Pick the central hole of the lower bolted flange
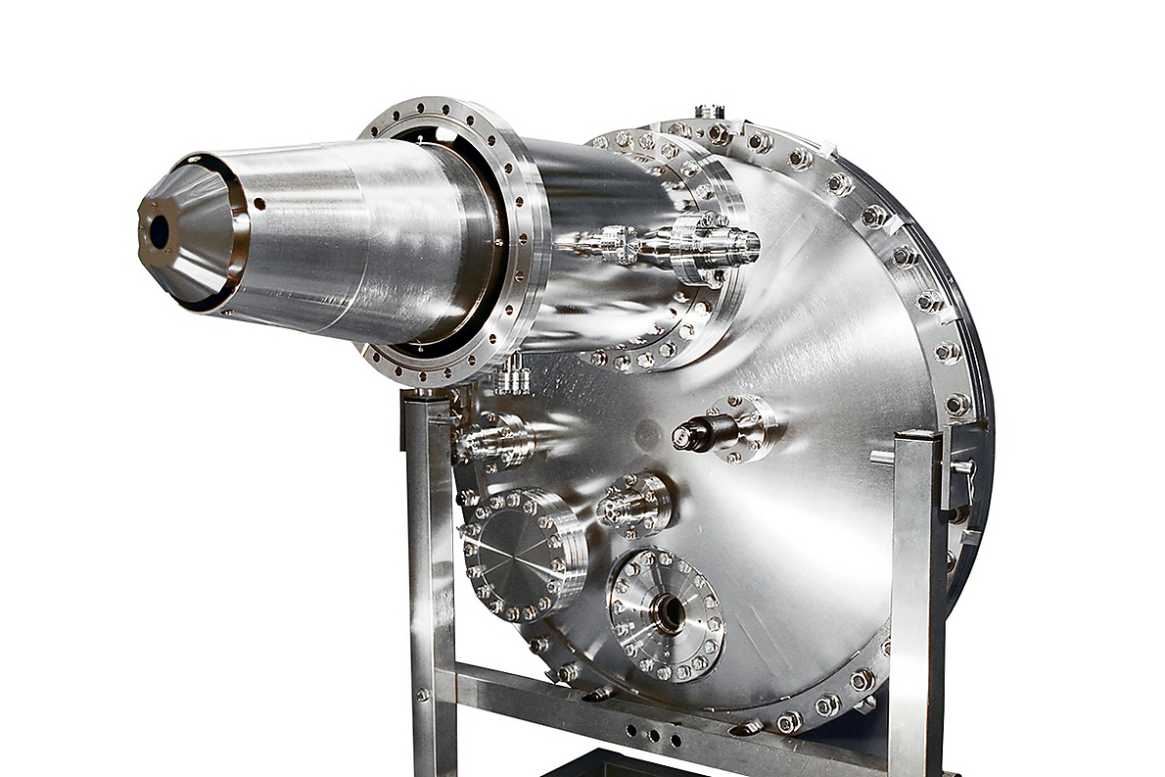click(x=671, y=613)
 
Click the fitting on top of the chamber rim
click(x=710, y=112)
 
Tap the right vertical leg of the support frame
click(x=916, y=588)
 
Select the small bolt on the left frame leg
click(x=423, y=695)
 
